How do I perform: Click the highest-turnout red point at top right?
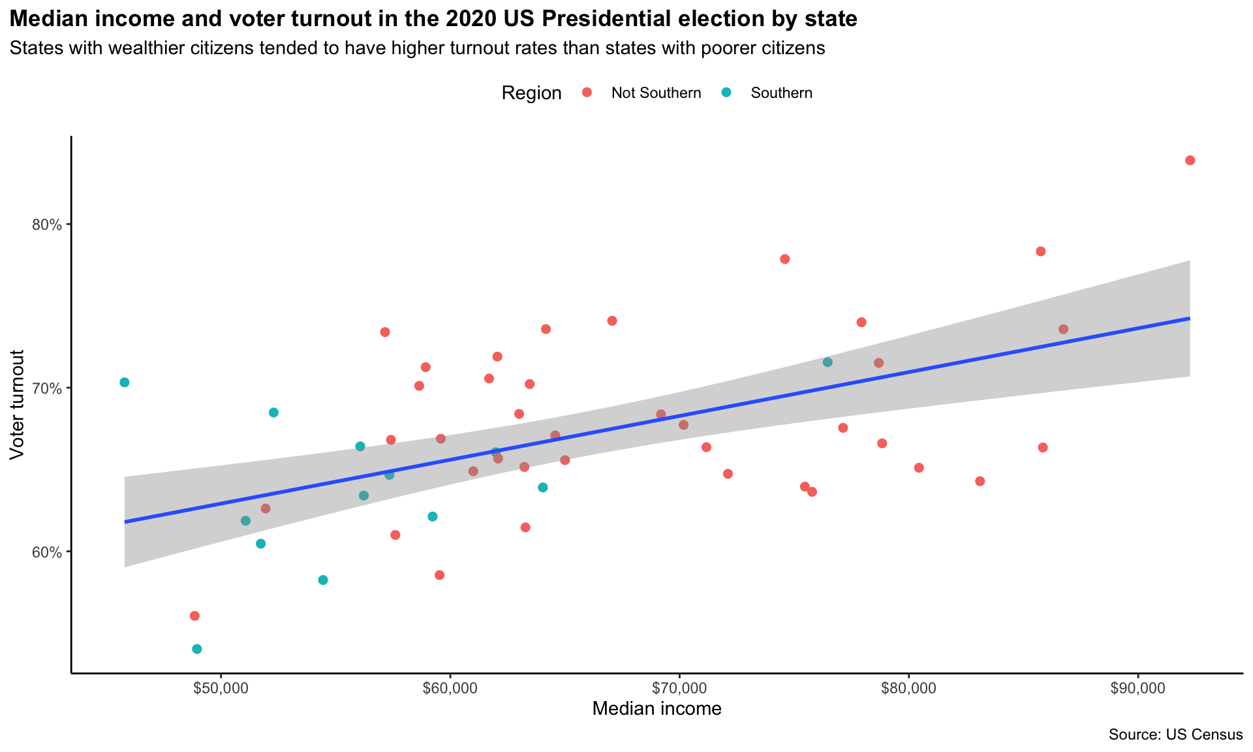[x=1190, y=161]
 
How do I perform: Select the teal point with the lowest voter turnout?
[x=197, y=649]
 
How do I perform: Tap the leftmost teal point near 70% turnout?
[x=125, y=383]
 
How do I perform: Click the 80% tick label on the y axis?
[x=47, y=225]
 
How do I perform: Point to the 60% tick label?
[x=47, y=552]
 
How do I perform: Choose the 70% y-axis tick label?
[x=47, y=388]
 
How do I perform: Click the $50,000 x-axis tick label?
[x=221, y=689]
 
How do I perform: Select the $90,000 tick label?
[x=1138, y=689]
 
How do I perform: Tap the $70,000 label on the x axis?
[x=679, y=689]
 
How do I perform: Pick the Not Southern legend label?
[x=656, y=93]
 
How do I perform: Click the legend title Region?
[x=531, y=93]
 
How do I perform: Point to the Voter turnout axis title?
[x=18, y=405]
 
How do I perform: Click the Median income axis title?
[x=657, y=709]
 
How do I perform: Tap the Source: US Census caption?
[x=1175, y=735]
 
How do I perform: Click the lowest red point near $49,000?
[x=194, y=616]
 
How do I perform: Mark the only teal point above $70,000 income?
[x=828, y=362]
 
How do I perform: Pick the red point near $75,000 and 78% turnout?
[x=785, y=259]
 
